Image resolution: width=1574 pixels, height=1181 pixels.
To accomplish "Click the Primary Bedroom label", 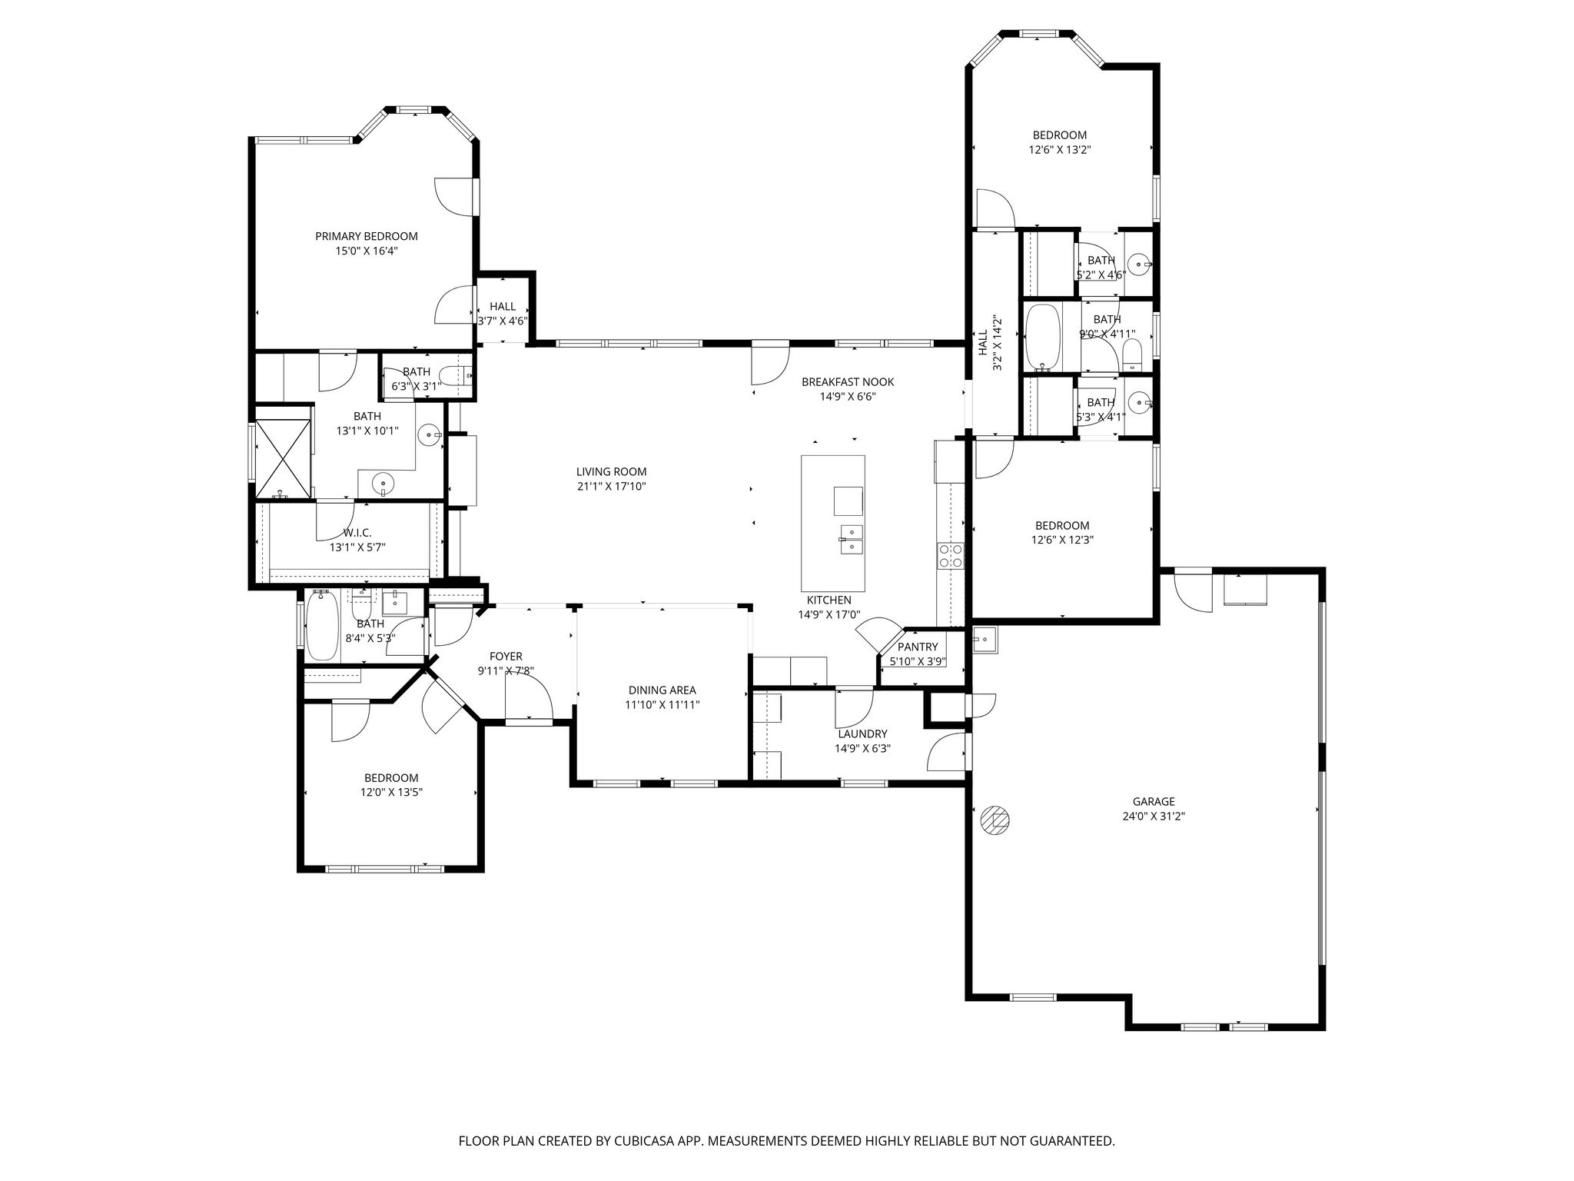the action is [367, 236].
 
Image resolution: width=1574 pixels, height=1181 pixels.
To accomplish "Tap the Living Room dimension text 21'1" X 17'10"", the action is [612, 487].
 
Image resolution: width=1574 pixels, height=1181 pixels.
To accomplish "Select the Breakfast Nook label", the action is [848, 382].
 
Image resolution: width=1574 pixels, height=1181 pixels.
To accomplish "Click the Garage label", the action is [1154, 802].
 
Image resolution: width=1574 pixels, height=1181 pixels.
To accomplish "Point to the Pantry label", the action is [918, 647].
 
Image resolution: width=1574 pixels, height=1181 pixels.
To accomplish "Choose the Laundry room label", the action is [862, 734].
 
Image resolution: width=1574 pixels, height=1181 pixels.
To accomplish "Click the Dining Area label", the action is [662, 690].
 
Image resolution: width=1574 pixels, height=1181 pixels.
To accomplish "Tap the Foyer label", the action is [506, 657].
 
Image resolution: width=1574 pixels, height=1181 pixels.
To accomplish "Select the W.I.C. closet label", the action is [357, 533].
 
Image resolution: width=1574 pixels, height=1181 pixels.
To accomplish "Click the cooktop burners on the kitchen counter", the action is [951, 555].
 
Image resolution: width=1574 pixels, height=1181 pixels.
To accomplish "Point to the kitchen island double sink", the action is [851, 539].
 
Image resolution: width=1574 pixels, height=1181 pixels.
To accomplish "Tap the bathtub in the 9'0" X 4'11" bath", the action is [1042, 337].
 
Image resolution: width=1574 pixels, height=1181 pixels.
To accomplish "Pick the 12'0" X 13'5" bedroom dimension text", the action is [392, 793].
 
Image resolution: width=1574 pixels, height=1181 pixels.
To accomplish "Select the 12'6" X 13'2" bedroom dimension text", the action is [1060, 150].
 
